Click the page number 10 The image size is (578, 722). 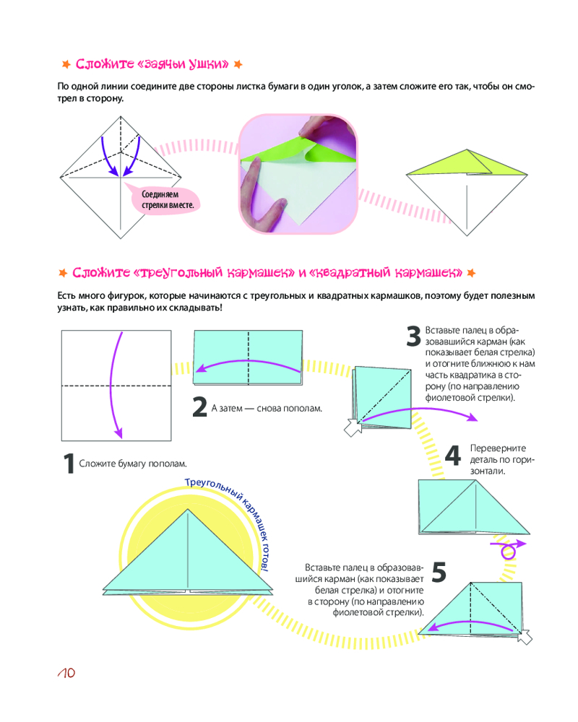click(66, 674)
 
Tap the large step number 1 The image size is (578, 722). click(69, 464)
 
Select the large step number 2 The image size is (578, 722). click(200, 407)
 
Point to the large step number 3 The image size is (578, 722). click(413, 336)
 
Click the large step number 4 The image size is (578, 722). click(452, 456)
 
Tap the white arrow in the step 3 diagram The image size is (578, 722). click(353, 427)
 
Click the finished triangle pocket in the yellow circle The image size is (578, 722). click(189, 556)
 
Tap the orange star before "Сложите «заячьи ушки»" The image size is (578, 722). click(65, 65)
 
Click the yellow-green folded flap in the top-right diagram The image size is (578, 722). click(462, 165)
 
